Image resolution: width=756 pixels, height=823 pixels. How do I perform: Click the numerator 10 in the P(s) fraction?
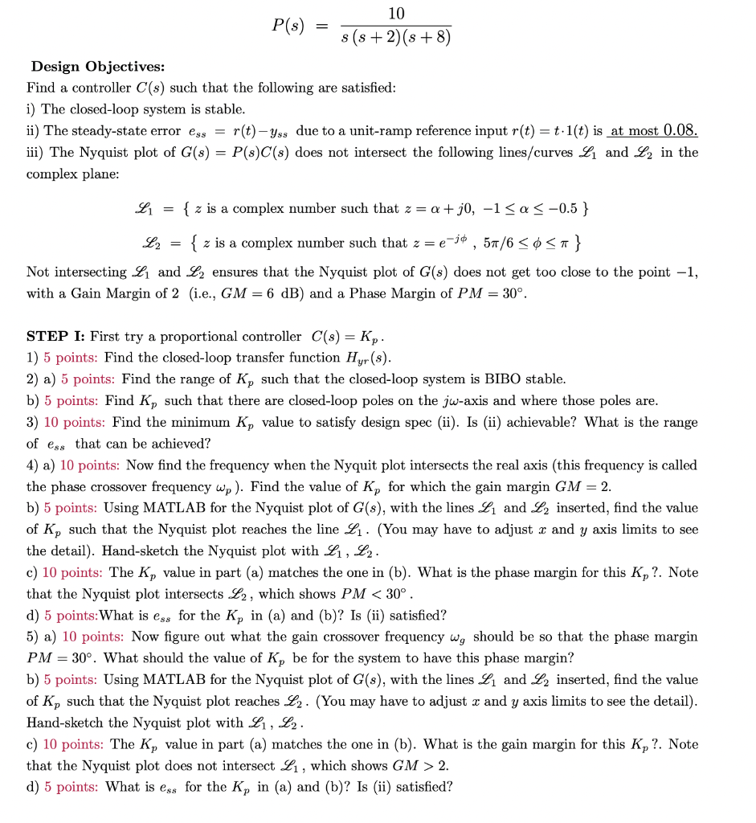point(396,14)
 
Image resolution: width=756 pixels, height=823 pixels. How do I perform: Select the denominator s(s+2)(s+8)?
point(396,38)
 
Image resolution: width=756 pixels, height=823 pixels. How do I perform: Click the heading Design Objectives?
point(97,66)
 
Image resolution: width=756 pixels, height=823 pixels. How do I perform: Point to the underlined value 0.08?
point(676,131)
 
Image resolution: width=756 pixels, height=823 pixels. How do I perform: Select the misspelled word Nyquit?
point(218,465)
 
